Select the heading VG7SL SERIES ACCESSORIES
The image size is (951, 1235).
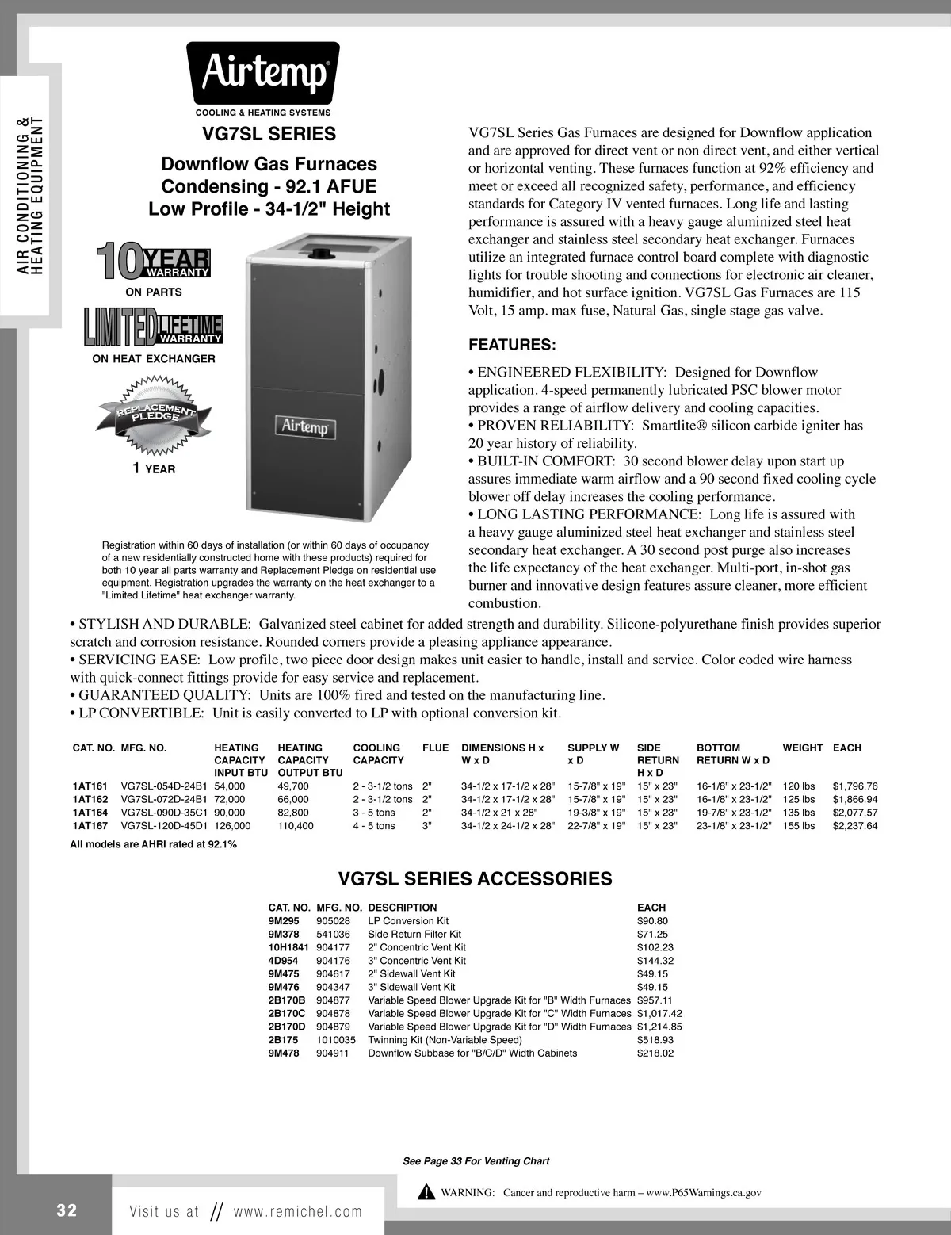pyautogui.click(x=475, y=878)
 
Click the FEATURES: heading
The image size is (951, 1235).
pyautogui.click(x=512, y=345)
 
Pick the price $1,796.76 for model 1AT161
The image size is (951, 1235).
pyautogui.click(x=855, y=786)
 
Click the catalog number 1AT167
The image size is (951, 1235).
pyautogui.click(x=90, y=825)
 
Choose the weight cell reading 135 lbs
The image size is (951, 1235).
pyautogui.click(x=799, y=812)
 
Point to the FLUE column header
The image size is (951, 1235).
pyautogui.click(x=435, y=747)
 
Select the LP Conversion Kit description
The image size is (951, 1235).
pyautogui.click(x=408, y=921)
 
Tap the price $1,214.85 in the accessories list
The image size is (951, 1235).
pyautogui.click(x=659, y=1027)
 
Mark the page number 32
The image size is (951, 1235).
pyautogui.click(x=67, y=1210)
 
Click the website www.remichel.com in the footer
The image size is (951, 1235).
pyautogui.click(x=297, y=1211)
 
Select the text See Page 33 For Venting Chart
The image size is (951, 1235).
pyautogui.click(x=475, y=1161)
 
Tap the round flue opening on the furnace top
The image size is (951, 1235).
pyautogui.click(x=323, y=254)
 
